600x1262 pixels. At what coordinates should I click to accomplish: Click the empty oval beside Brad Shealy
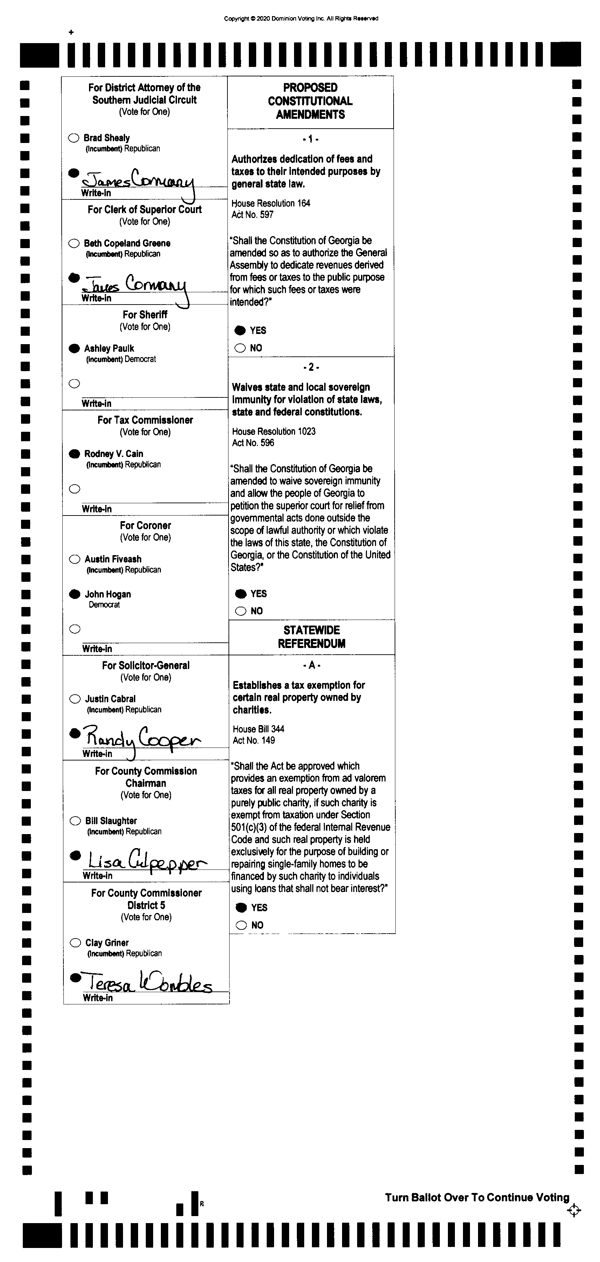[x=74, y=138]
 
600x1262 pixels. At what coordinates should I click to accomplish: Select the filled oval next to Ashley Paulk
[x=74, y=348]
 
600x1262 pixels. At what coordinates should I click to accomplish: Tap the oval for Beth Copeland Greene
[x=74, y=243]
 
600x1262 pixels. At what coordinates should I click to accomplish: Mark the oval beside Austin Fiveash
[x=74, y=559]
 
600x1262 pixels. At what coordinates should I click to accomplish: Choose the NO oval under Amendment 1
[x=240, y=348]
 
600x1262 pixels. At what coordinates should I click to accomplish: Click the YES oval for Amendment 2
[x=240, y=594]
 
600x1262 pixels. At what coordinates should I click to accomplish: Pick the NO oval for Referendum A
[x=241, y=925]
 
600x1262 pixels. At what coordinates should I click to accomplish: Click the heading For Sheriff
[x=145, y=314]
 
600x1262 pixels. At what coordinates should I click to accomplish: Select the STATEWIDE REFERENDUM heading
[x=312, y=637]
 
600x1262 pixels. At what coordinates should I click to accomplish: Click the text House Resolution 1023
[x=274, y=431]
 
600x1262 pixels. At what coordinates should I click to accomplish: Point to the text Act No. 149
[x=254, y=740]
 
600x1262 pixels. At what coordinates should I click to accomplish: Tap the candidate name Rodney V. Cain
[x=114, y=453]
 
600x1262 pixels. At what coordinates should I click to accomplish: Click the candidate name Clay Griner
[x=107, y=943]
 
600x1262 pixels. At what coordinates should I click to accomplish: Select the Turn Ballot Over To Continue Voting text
[x=477, y=1197]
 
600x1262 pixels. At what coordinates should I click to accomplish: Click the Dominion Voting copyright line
[x=301, y=19]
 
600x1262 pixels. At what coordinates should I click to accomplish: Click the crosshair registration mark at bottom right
[x=574, y=1210]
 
